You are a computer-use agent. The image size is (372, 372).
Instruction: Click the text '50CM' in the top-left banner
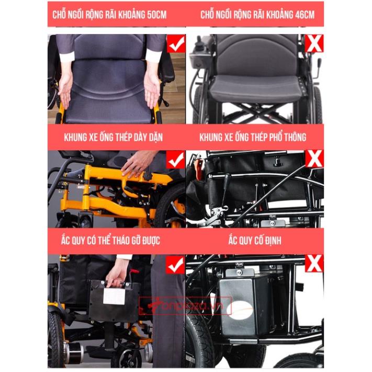pyautogui.click(x=157, y=15)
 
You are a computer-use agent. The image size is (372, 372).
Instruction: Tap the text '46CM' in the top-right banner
pyautogui.click(x=305, y=15)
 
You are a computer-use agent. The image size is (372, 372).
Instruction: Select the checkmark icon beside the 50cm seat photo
pyautogui.click(x=176, y=43)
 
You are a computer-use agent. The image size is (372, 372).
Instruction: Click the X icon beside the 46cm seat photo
pyautogui.click(x=314, y=43)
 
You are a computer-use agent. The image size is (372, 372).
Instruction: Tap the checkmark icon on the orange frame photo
pyautogui.click(x=176, y=160)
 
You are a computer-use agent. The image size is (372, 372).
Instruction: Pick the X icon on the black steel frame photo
pyautogui.click(x=314, y=159)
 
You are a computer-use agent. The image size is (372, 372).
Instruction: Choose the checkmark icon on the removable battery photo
pyautogui.click(x=176, y=265)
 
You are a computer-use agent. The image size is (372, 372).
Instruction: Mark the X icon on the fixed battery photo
pyautogui.click(x=314, y=264)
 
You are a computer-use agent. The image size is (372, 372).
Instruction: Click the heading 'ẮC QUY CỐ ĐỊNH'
pyautogui.click(x=255, y=240)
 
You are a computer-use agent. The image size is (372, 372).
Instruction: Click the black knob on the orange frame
pyautogui.click(x=148, y=176)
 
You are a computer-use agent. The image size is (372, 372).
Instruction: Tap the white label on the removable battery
pyautogui.click(x=114, y=296)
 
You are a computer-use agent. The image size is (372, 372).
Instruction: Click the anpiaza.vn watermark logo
pyautogui.click(x=185, y=306)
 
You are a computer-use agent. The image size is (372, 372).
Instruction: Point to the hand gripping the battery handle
pyautogui.click(x=118, y=273)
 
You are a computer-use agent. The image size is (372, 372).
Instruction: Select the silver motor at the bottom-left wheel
pyautogui.click(x=74, y=352)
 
